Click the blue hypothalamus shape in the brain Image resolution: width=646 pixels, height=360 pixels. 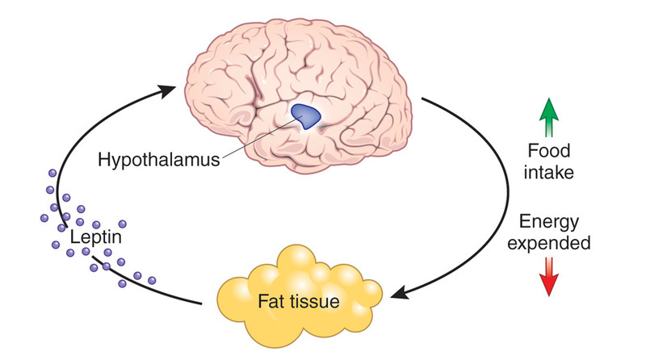click(x=305, y=118)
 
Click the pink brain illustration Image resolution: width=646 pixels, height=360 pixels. click(x=266, y=65)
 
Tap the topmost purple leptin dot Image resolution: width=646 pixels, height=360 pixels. click(x=52, y=172)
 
